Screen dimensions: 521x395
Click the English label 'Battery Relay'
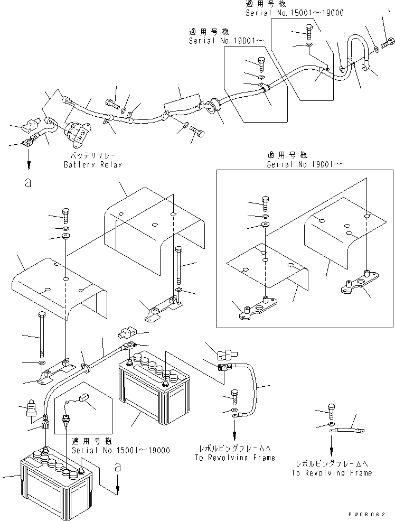pos(92,164)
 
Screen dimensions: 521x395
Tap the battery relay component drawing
pos(79,133)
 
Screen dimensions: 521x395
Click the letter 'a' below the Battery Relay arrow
pos(28,183)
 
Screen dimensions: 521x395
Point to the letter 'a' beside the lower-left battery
pos(117,467)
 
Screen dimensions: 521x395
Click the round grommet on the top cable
pos(214,106)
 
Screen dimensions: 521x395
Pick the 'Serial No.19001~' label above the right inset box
pos(305,164)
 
